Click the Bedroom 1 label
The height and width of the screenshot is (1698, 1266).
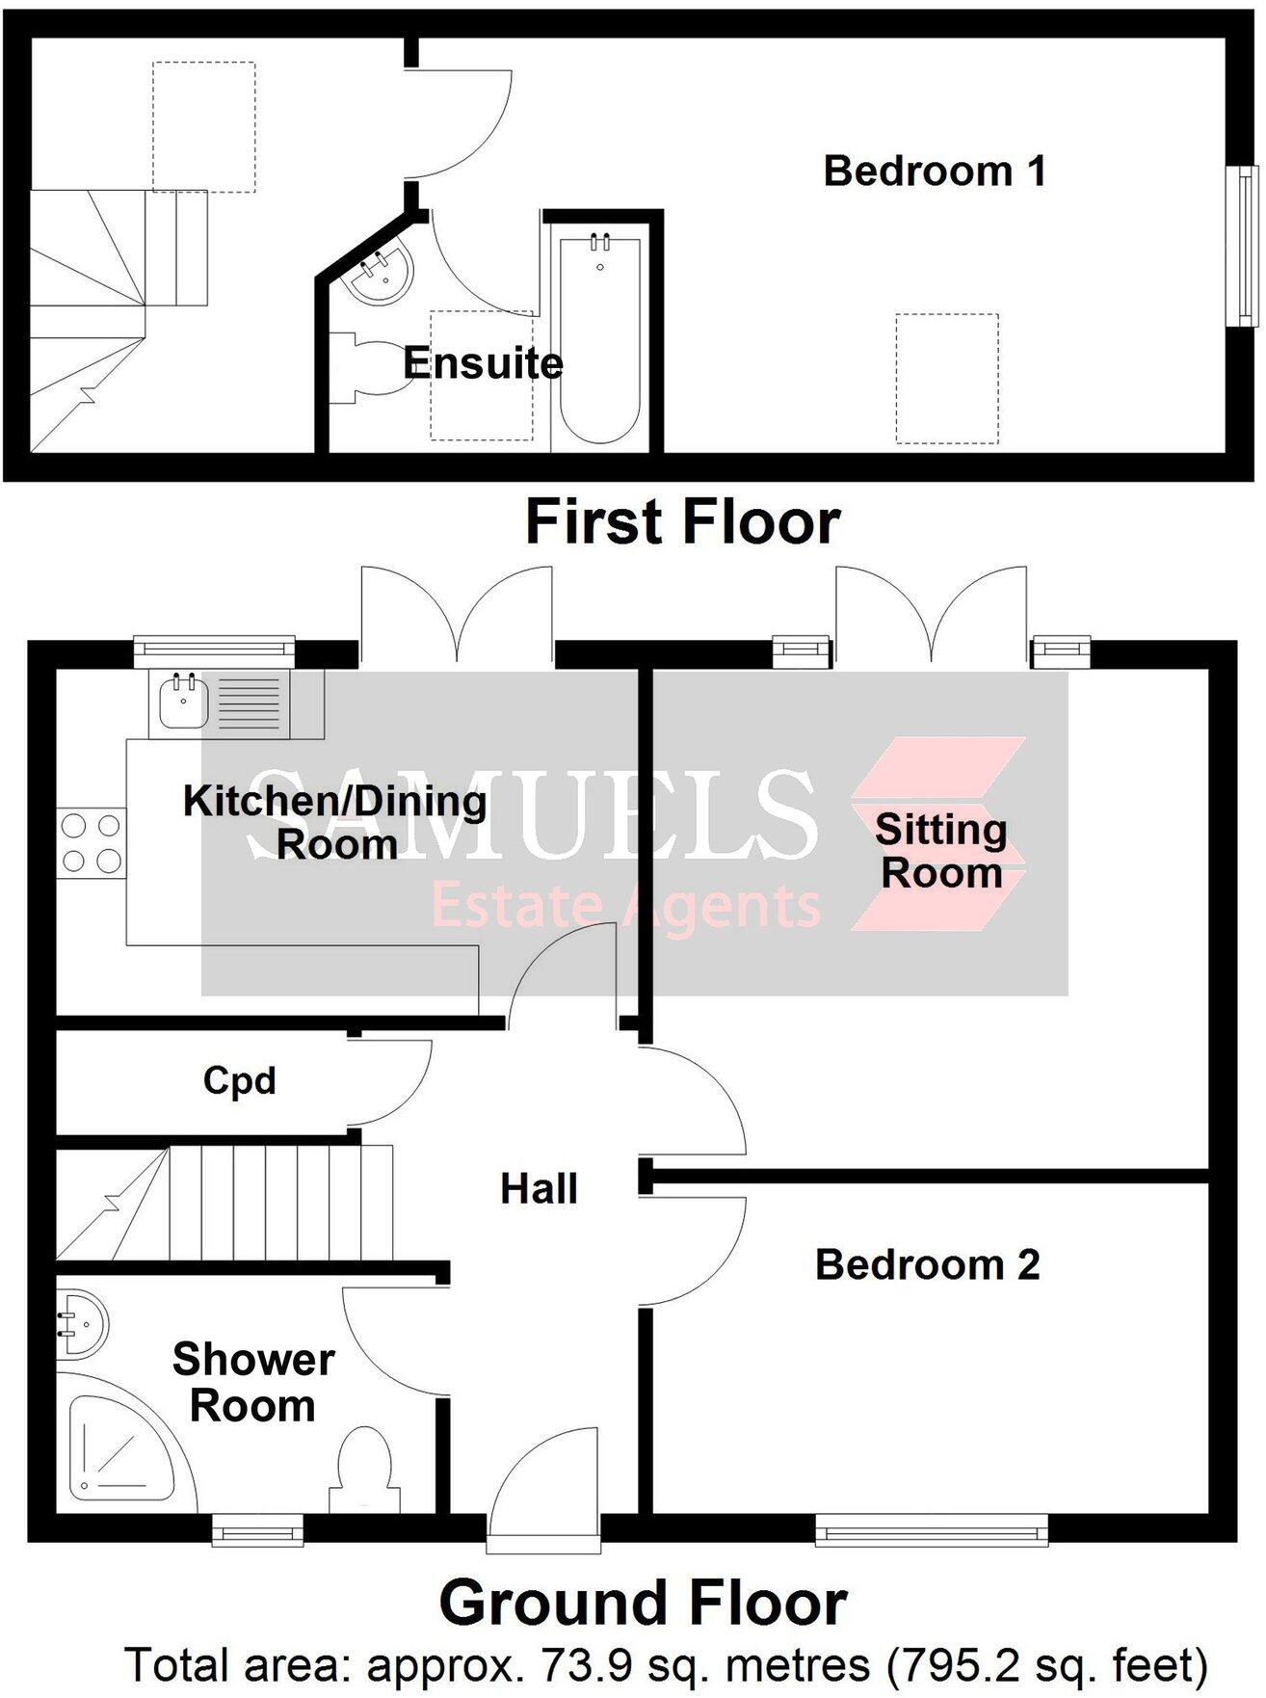click(x=934, y=172)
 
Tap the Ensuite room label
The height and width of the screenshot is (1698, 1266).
click(x=483, y=363)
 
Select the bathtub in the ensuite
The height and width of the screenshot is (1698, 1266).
click(x=599, y=337)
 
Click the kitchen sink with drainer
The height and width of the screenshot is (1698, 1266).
click(x=220, y=701)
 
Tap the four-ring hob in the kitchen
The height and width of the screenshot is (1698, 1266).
click(x=91, y=842)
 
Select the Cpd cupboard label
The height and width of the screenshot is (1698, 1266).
click(x=239, y=1080)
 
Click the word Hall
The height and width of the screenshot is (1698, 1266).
click(x=539, y=1189)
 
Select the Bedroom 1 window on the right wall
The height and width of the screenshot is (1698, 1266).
click(x=1246, y=246)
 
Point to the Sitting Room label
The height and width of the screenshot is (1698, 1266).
click(x=941, y=851)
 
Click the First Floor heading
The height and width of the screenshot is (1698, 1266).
click(x=682, y=521)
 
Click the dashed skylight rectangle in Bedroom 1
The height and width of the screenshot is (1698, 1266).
click(x=946, y=378)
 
